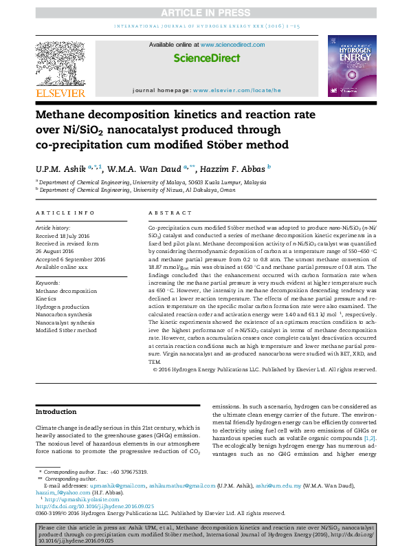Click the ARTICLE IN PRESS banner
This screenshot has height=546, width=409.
tap(204, 14)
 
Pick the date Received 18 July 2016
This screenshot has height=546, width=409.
tap(67, 234)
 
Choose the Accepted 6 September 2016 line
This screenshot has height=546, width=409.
tap(71, 259)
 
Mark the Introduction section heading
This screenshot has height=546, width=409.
tap(56, 411)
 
